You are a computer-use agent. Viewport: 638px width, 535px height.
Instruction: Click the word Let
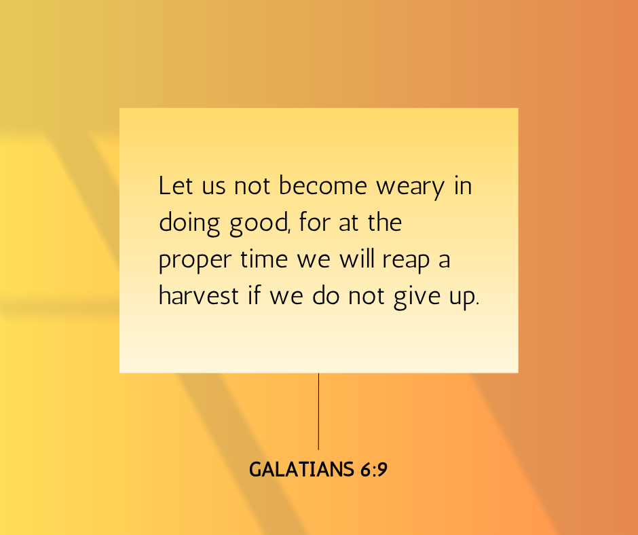click(x=175, y=185)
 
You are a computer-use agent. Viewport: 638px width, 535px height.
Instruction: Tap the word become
click(x=323, y=185)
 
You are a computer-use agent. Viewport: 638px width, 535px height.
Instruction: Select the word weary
click(x=410, y=188)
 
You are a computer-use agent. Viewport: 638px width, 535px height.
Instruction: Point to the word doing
click(x=189, y=224)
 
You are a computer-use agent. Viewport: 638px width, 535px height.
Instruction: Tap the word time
click(x=264, y=259)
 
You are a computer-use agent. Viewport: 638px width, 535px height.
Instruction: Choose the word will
click(x=357, y=259)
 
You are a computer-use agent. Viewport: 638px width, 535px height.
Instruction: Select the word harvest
click(x=198, y=295)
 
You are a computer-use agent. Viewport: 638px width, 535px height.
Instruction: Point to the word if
click(x=254, y=295)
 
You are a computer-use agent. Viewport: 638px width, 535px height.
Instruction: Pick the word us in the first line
click(x=214, y=187)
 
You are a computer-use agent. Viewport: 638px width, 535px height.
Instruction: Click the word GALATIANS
click(x=301, y=469)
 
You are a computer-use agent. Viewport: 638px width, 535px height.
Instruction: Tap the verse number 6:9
click(x=373, y=469)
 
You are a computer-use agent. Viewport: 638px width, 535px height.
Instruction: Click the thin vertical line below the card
click(x=318, y=411)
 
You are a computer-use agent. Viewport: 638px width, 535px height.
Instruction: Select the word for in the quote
click(x=314, y=222)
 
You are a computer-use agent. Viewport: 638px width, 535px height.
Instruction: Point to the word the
click(x=385, y=222)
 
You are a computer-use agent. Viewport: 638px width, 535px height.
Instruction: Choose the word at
click(x=349, y=223)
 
